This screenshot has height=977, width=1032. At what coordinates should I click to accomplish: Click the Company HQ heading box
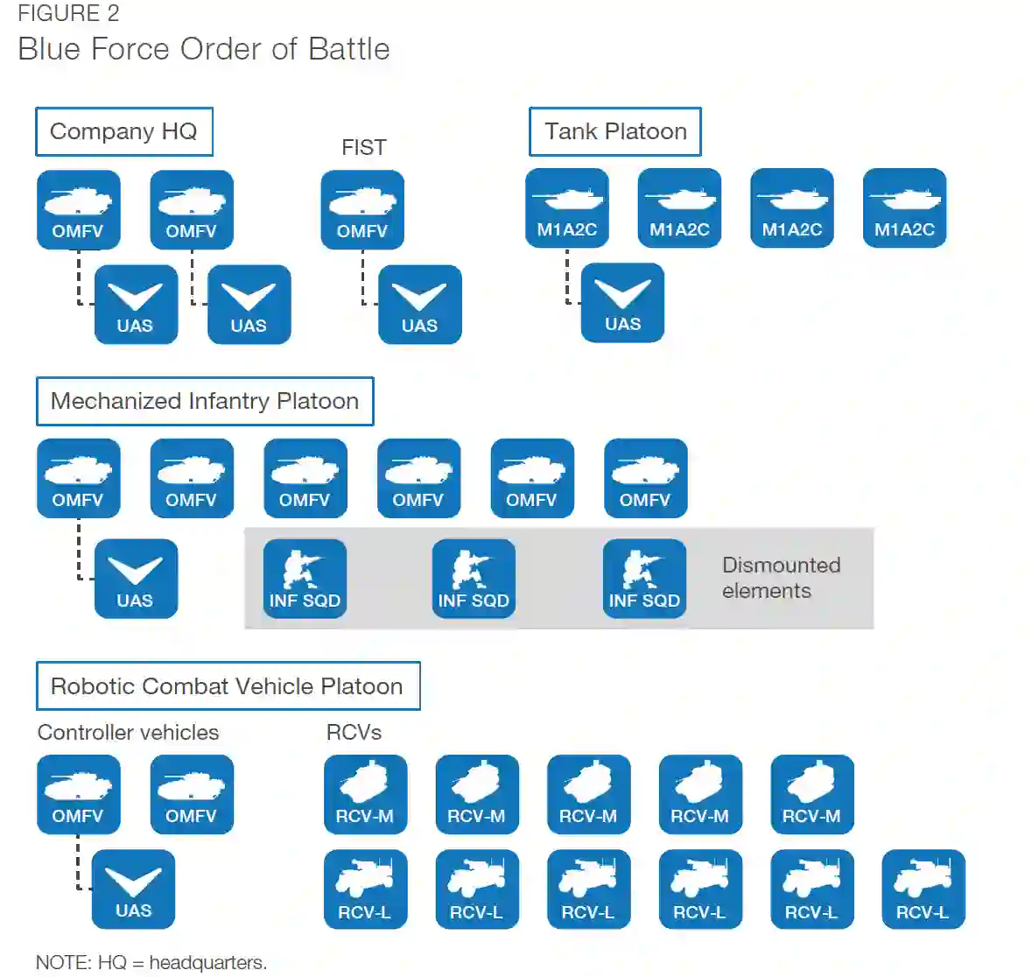click(x=123, y=131)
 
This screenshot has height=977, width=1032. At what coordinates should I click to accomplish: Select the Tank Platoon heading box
click(x=614, y=131)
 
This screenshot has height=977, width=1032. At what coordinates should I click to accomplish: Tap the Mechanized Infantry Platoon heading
click(x=205, y=401)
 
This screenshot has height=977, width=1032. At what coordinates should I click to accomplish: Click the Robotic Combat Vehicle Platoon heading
click(x=228, y=685)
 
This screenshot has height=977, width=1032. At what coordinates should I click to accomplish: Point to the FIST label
click(x=363, y=147)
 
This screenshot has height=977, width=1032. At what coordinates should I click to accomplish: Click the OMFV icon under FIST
click(x=362, y=209)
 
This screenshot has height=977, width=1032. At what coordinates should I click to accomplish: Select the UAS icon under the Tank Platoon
click(x=622, y=302)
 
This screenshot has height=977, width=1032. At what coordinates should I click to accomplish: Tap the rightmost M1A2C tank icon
click(x=904, y=208)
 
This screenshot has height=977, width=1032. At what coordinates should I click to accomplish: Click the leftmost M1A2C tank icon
click(x=567, y=208)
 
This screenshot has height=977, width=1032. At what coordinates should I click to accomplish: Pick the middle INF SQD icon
click(x=474, y=579)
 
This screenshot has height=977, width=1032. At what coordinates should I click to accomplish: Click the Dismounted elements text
click(x=781, y=578)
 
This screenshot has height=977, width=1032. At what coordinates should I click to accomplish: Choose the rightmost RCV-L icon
click(x=923, y=889)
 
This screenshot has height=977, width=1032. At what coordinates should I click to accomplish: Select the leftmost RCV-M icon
click(x=365, y=794)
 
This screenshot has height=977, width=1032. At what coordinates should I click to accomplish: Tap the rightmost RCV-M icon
click(x=811, y=794)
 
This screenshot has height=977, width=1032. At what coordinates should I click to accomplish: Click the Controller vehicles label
click(x=128, y=732)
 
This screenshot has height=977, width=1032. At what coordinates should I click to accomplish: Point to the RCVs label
click(x=354, y=732)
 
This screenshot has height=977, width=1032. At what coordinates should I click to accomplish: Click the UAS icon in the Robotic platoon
click(x=133, y=889)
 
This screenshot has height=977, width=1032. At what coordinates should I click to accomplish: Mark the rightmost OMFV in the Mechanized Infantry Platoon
click(x=645, y=478)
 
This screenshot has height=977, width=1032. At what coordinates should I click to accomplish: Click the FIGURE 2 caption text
click(x=68, y=14)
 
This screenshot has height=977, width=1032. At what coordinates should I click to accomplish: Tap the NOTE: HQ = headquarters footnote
click(x=151, y=962)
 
